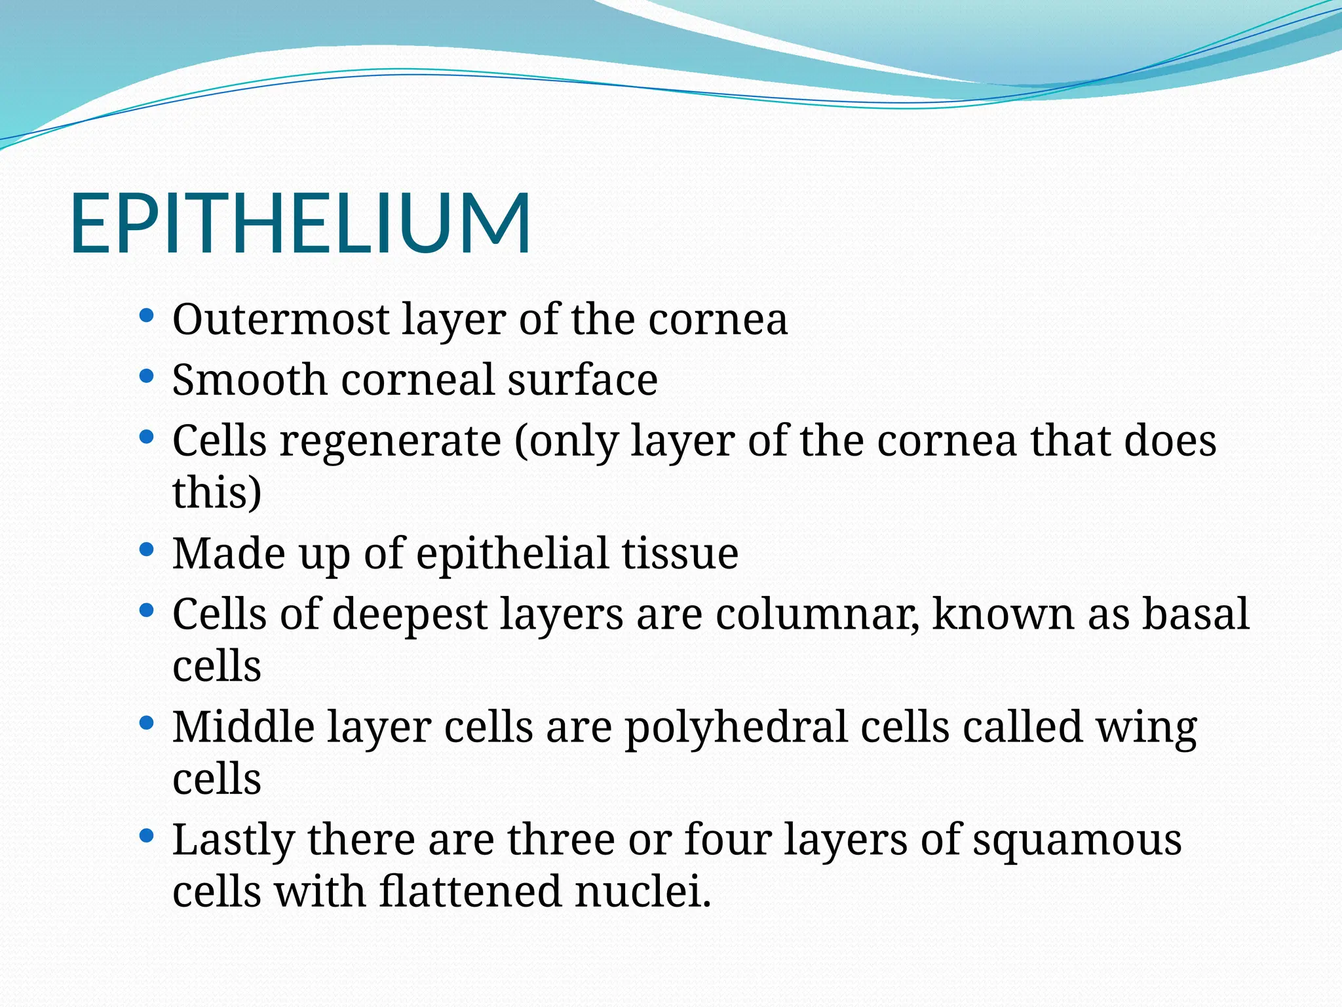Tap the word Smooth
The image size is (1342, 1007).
(249, 380)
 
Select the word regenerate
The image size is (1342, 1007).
(391, 441)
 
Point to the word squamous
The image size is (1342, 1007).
(1077, 840)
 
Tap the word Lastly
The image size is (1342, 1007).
(233, 840)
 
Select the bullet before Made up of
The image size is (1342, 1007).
(147, 549)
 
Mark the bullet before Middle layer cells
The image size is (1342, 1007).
(147, 724)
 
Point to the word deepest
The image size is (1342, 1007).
(410, 614)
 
